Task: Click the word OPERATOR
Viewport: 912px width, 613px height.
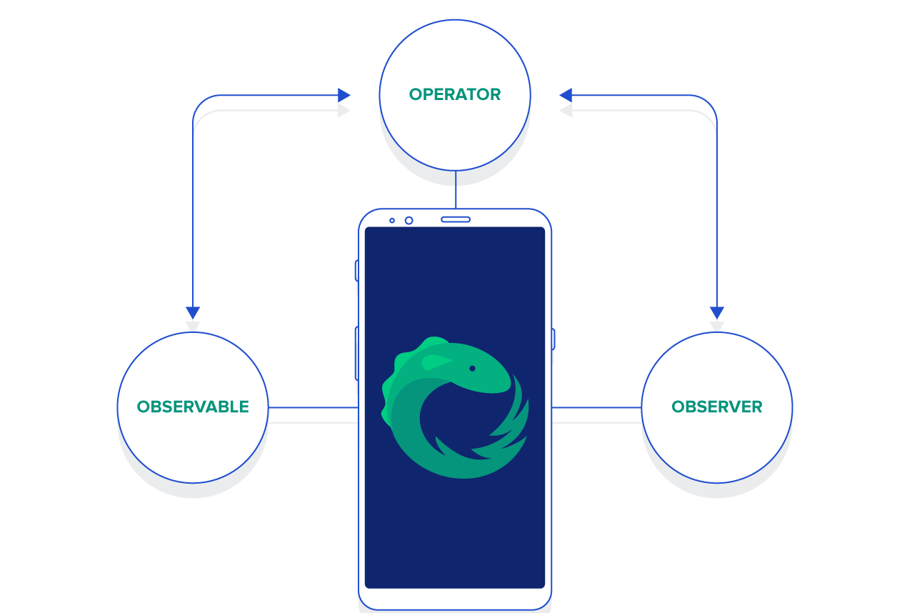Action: (455, 94)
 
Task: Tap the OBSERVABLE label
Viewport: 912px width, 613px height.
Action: (193, 407)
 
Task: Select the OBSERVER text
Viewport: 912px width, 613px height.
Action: (716, 407)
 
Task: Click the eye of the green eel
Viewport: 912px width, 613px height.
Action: (472, 369)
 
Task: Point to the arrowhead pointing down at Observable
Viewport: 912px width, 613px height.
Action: (193, 312)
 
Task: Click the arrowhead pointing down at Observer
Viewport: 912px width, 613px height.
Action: (717, 312)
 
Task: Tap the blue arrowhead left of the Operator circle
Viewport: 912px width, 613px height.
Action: (344, 95)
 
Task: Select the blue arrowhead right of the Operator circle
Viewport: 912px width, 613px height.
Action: (566, 95)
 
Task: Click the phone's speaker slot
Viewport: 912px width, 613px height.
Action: (456, 219)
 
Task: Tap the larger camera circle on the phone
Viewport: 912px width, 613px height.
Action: (409, 220)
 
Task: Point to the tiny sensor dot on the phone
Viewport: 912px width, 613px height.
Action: (391, 220)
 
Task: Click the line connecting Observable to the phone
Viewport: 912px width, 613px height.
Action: (313, 407)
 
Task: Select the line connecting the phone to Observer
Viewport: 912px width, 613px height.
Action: (596, 407)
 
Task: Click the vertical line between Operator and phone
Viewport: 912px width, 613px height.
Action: (456, 189)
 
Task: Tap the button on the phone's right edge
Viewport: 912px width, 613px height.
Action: (553, 339)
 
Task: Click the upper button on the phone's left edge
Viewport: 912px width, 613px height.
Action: (356, 271)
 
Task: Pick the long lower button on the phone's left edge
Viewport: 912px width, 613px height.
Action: (356, 353)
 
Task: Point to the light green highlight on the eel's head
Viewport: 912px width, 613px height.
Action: (436, 362)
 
